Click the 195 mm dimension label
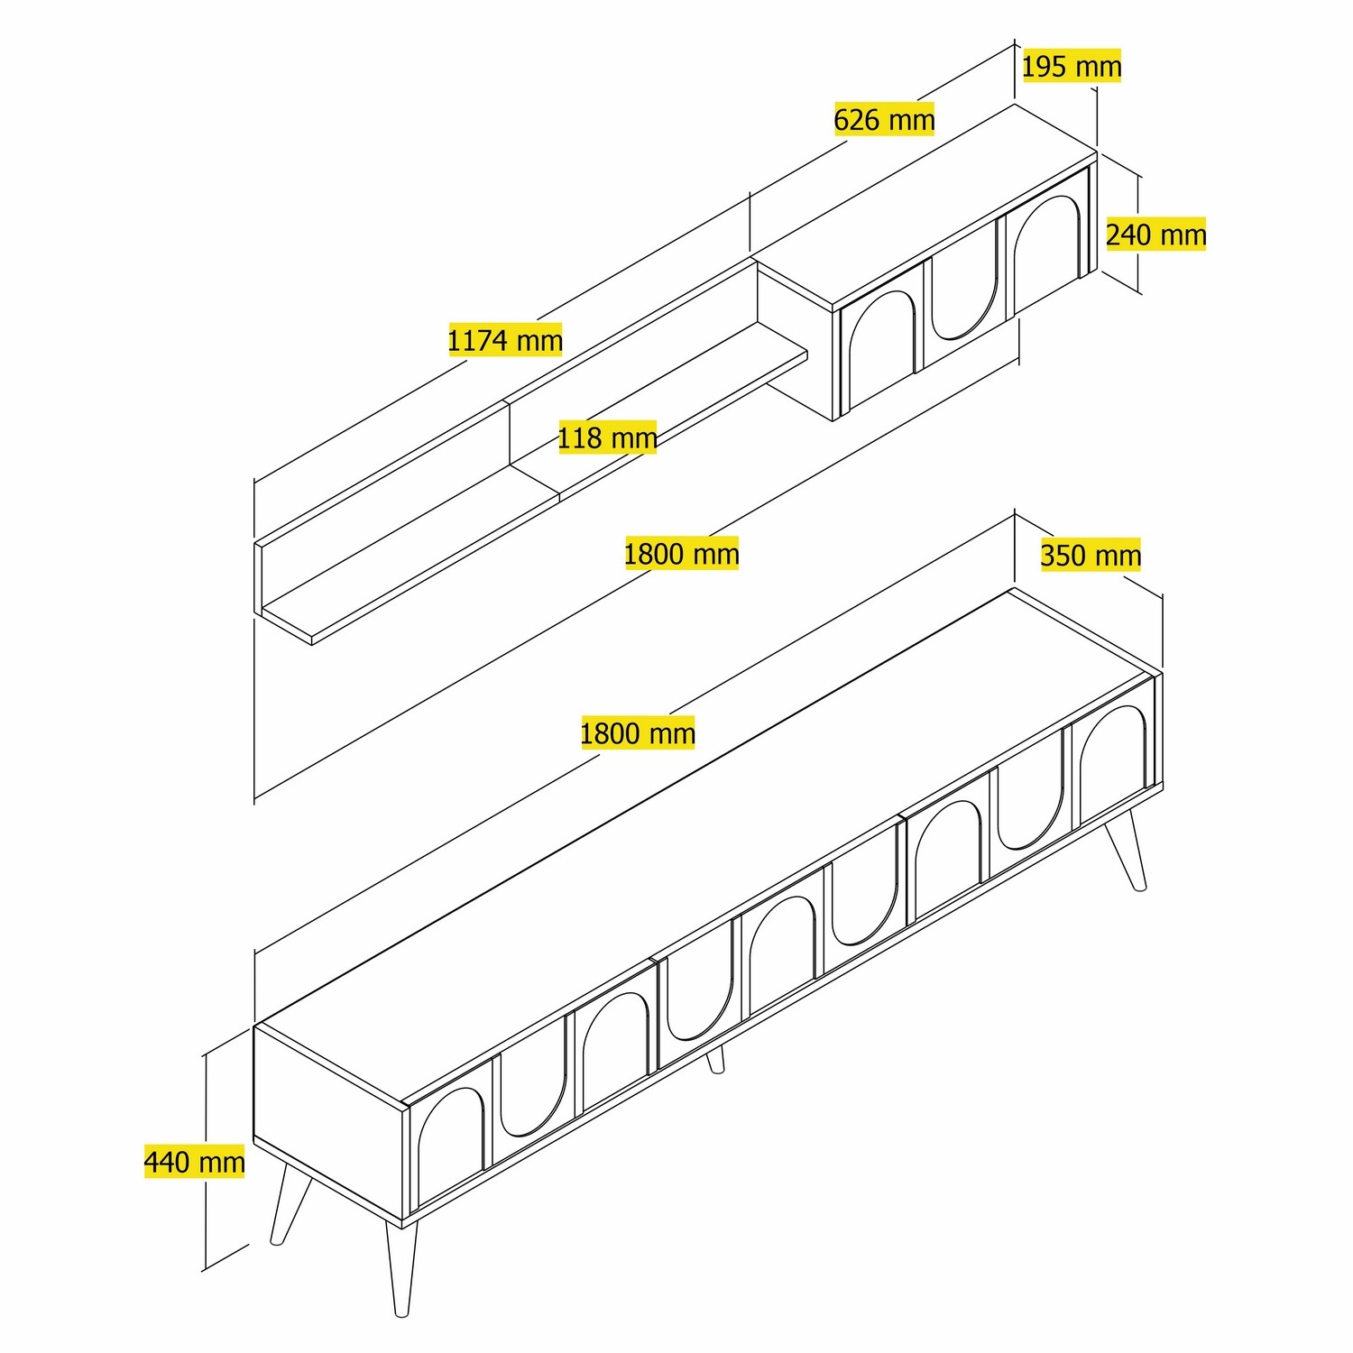click(x=1072, y=66)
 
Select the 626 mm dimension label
click(x=884, y=119)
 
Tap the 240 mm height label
click(x=1155, y=235)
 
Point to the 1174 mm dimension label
click(x=505, y=340)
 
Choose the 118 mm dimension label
click(x=607, y=438)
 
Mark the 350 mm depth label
click(x=1091, y=555)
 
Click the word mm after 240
click(x=1183, y=235)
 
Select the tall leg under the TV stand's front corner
click(x=400, y=1267)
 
